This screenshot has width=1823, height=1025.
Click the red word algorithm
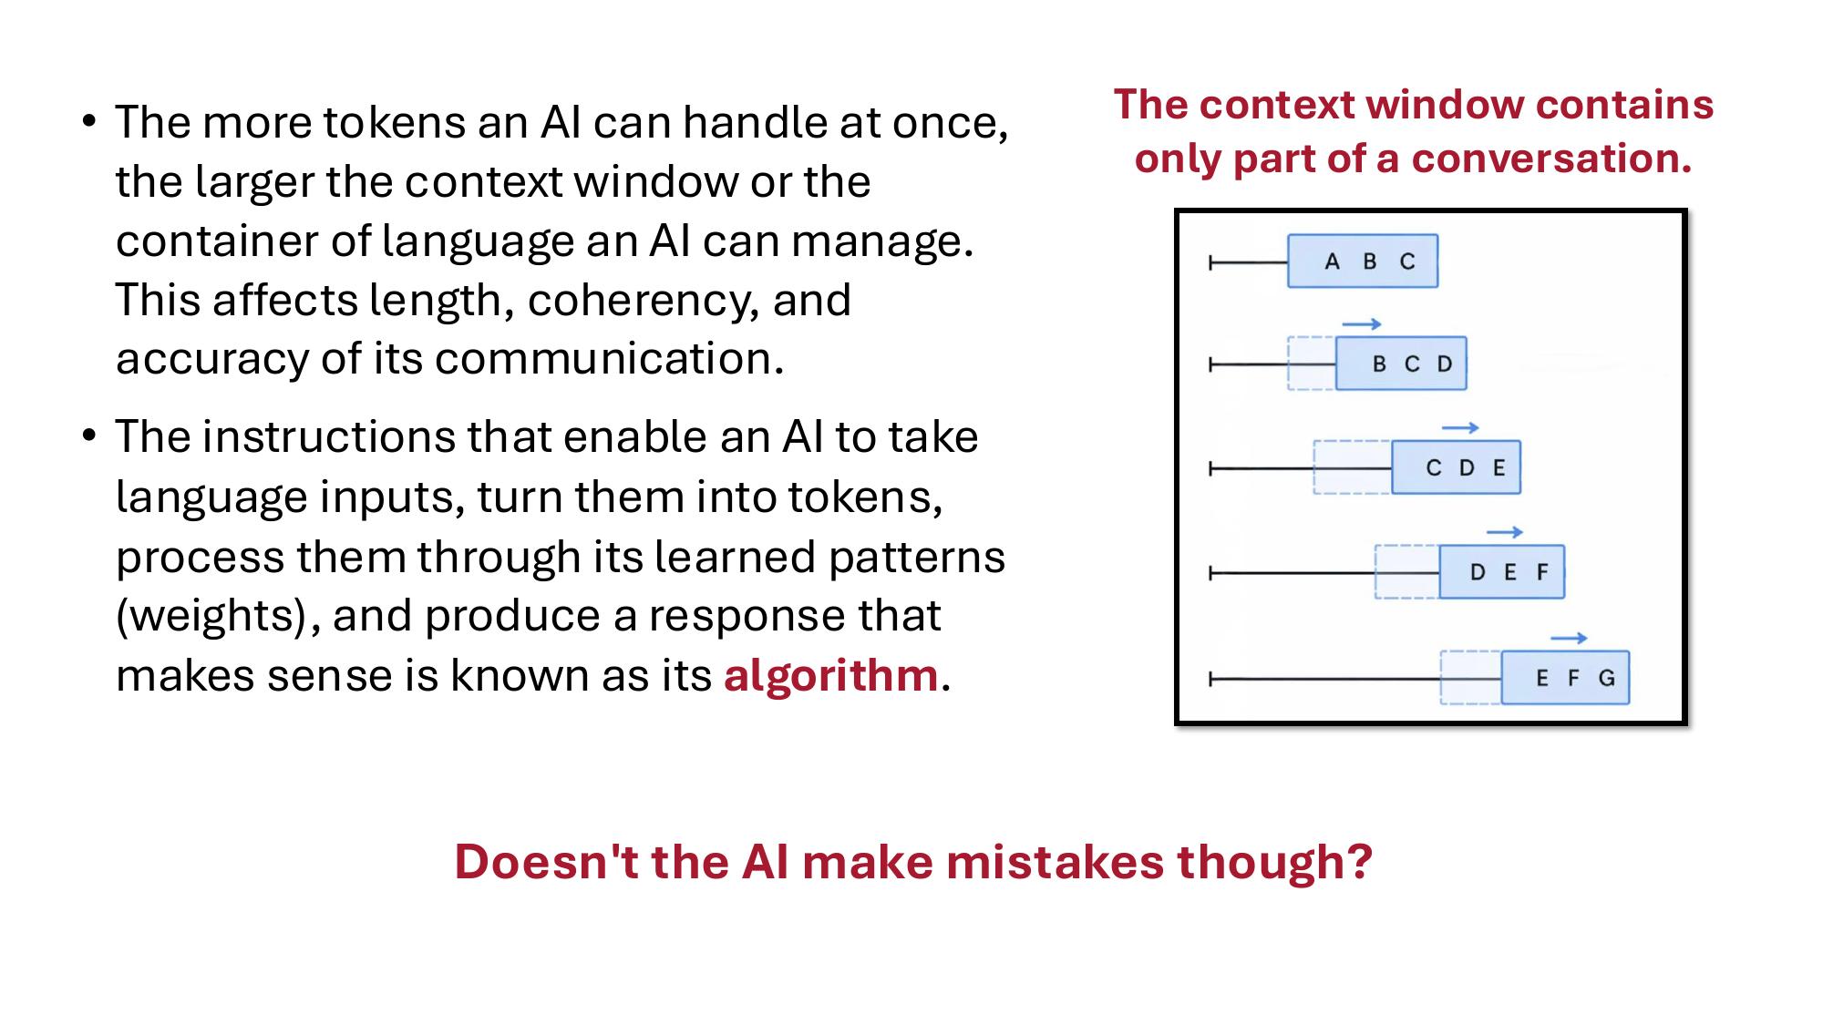(x=830, y=675)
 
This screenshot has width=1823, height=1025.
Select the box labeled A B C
(x=1363, y=261)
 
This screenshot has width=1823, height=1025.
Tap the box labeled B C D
(x=1401, y=364)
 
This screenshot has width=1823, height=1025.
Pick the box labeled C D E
(x=1456, y=467)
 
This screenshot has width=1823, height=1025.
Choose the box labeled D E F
(x=1501, y=572)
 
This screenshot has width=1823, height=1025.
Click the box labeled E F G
(x=1565, y=678)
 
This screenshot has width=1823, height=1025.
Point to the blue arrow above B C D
(x=1362, y=324)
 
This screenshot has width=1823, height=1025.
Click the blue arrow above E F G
(x=1569, y=639)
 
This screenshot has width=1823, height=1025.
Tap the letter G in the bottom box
(x=1607, y=678)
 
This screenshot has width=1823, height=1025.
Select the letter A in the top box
(x=1332, y=261)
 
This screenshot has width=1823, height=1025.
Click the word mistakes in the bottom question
(x=1056, y=861)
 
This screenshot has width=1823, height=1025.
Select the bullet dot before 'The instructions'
(x=88, y=436)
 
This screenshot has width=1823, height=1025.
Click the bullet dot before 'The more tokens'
(x=88, y=121)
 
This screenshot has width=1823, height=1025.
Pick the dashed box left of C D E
(x=1352, y=467)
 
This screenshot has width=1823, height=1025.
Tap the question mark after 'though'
(x=1360, y=861)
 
